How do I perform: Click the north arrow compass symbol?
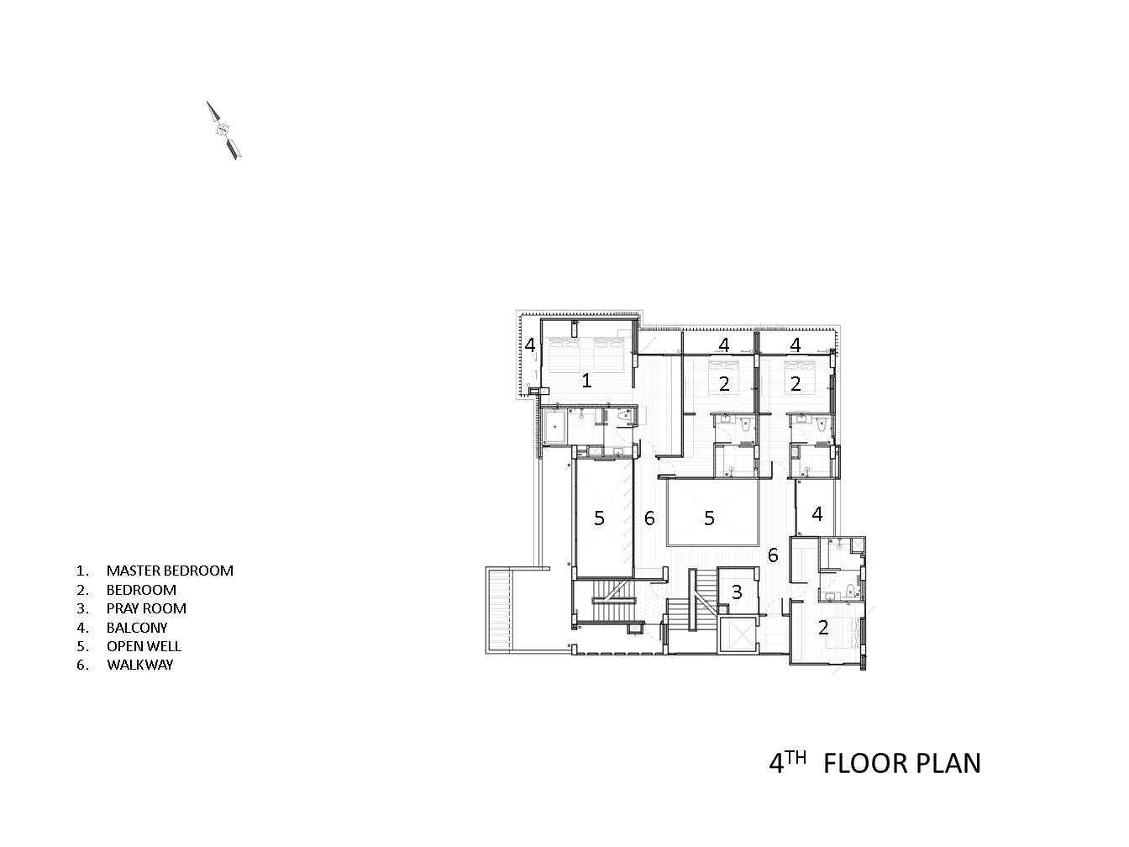point(223,130)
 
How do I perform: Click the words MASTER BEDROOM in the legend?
point(170,571)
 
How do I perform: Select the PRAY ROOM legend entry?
point(146,608)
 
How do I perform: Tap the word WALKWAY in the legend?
point(139,665)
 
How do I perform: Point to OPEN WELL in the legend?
point(144,646)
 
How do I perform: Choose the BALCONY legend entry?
point(137,627)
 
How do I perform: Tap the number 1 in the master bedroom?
point(586,381)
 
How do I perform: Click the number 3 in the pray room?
point(737,592)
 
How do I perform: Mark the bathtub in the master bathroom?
point(555,428)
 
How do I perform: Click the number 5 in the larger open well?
point(709,518)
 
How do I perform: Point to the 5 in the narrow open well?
point(599,518)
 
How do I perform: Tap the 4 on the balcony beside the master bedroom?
point(530,345)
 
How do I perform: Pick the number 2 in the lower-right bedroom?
point(823,627)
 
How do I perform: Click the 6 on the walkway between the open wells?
point(649,518)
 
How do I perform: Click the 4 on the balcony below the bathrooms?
point(817,513)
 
